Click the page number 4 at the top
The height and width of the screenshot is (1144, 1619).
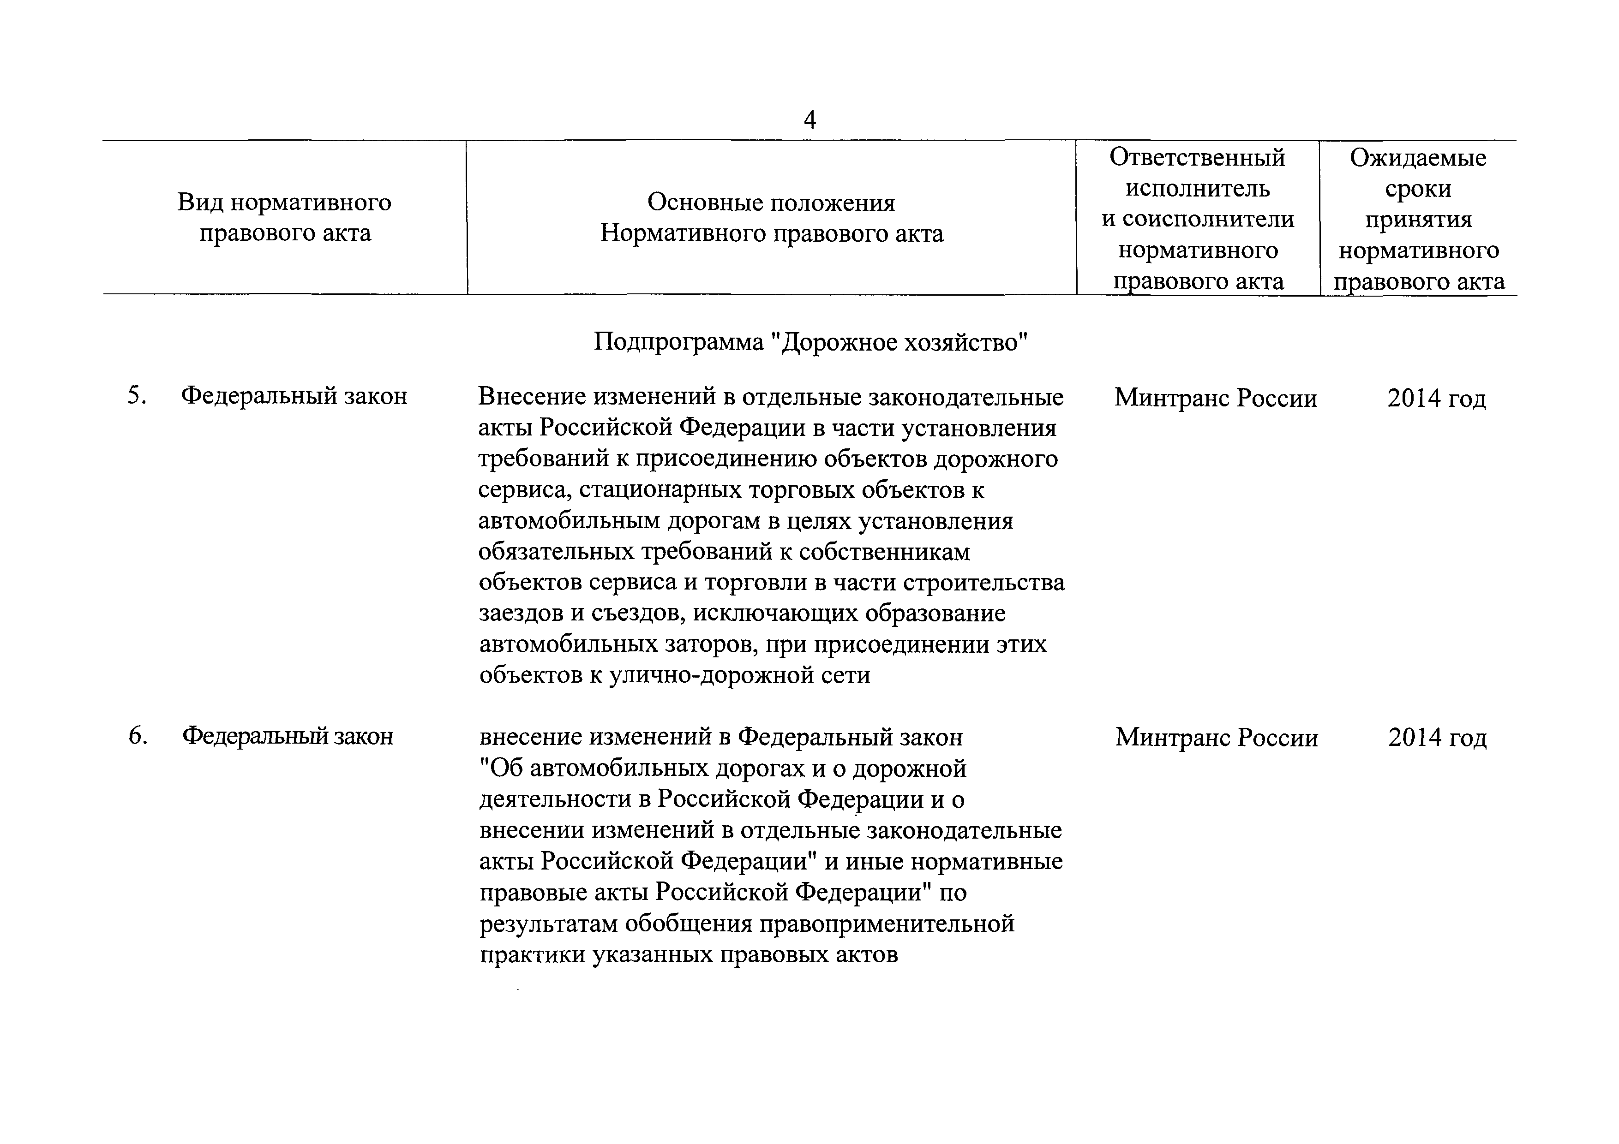[809, 120]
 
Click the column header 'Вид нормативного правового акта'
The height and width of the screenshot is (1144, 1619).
[284, 217]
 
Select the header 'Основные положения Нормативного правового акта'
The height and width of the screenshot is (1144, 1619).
[771, 218]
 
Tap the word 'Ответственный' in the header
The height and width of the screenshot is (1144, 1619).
[1197, 157]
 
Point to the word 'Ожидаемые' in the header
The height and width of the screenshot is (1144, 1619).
[1418, 157]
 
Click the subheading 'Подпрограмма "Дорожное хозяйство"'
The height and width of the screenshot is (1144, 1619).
[810, 343]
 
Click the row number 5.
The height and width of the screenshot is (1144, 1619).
[137, 396]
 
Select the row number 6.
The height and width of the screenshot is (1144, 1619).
[138, 736]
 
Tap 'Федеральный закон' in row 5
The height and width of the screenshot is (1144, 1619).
[294, 396]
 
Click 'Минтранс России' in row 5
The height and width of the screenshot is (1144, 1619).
[1216, 398]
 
